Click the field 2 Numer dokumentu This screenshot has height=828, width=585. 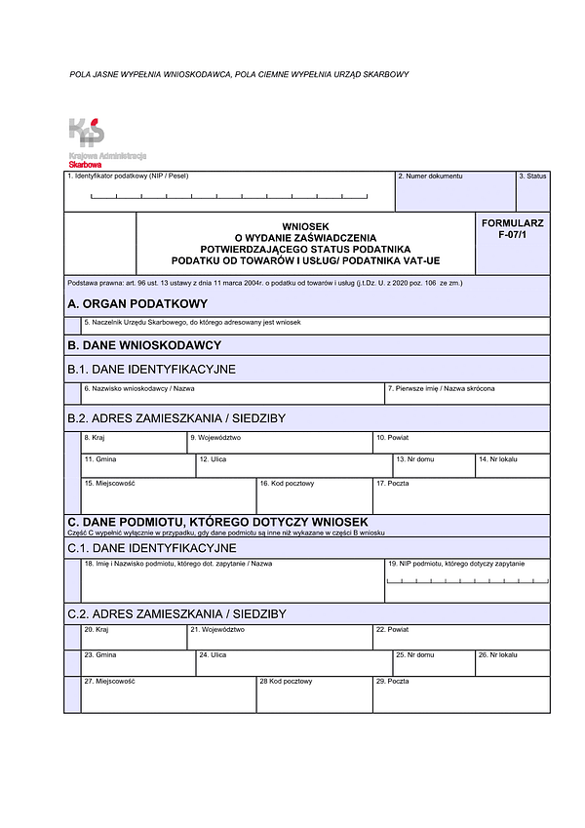click(454, 192)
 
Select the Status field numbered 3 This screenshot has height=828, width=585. click(532, 192)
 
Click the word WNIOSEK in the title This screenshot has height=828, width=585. click(305, 225)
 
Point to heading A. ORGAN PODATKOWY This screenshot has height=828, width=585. click(137, 303)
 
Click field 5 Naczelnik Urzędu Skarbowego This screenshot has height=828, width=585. click(315, 327)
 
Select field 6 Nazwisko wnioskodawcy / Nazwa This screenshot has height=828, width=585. click(233, 394)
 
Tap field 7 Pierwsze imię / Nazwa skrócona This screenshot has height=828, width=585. click(467, 394)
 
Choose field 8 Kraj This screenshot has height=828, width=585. click(134, 444)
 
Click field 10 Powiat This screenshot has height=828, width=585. click(461, 444)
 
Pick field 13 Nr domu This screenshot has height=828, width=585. click(434, 466)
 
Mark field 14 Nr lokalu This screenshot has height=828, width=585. click(512, 466)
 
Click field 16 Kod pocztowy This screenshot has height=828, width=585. click(314, 496)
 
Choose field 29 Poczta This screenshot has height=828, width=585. click(461, 693)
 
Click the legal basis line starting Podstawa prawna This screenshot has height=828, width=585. click(264, 283)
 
